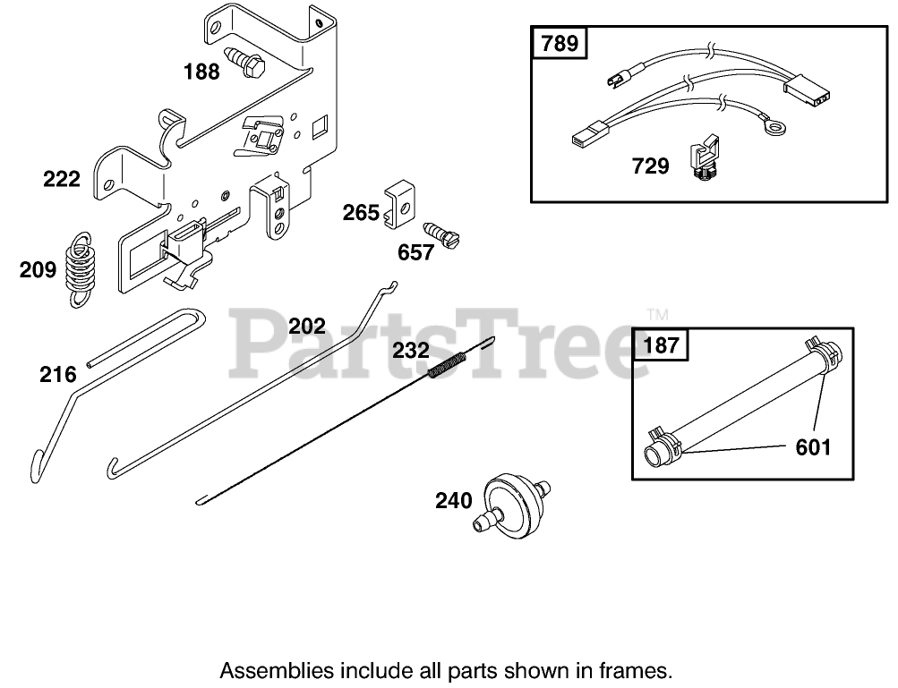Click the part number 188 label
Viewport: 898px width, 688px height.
click(x=201, y=72)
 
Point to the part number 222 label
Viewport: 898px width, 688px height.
click(x=62, y=179)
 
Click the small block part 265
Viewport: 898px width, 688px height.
click(x=398, y=206)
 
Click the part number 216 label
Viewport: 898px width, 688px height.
click(x=57, y=374)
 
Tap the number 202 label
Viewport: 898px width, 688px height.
click(x=307, y=327)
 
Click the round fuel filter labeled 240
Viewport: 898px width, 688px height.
click(x=510, y=504)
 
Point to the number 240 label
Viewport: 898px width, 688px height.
click(x=454, y=501)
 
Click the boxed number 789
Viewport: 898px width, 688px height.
click(x=560, y=43)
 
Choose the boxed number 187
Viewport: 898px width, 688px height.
click(x=662, y=344)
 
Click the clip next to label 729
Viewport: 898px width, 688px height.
click(x=705, y=158)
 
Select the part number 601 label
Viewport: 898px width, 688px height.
click(x=813, y=446)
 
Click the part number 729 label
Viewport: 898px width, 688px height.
click(x=651, y=166)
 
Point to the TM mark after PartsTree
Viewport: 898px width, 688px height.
click(x=657, y=315)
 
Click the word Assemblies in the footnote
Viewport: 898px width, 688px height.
click(x=277, y=669)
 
